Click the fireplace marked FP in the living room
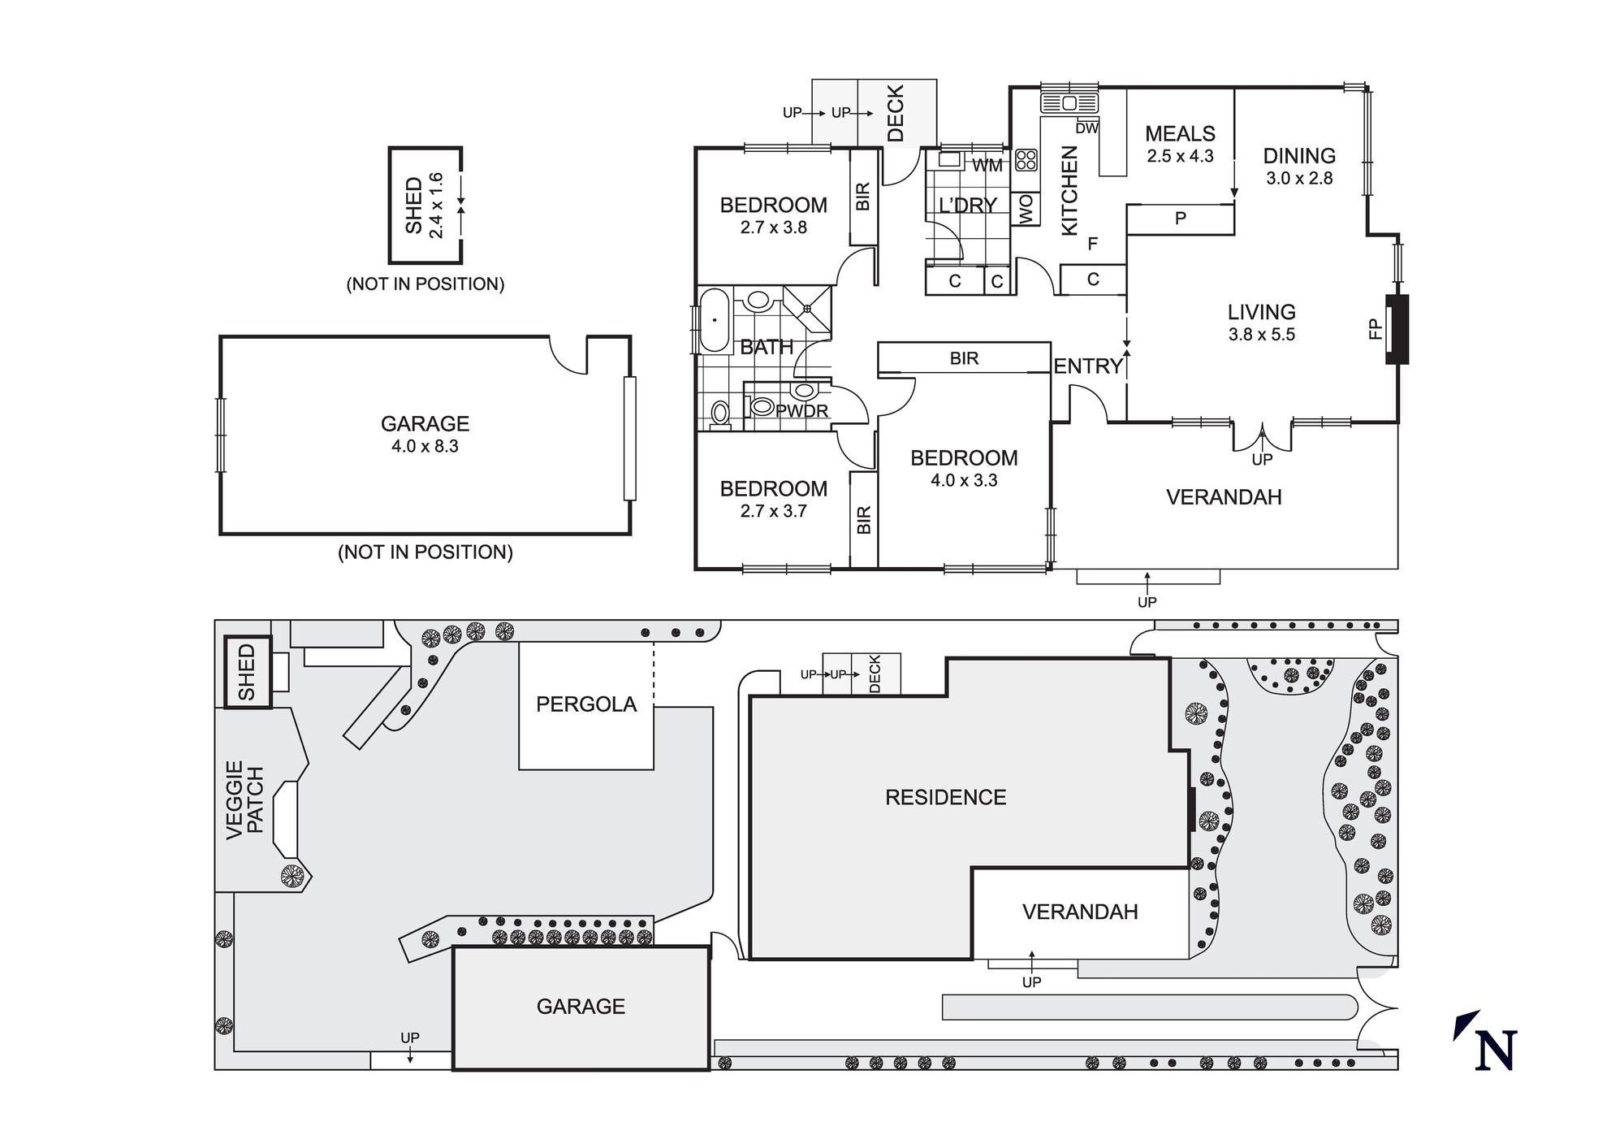coord(1397,329)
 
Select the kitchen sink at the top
coord(1069,103)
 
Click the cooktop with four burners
coord(1026,159)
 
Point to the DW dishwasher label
coord(1086,128)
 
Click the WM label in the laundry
coord(987,166)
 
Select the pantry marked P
coord(1181,219)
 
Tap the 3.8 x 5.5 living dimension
coord(1261,335)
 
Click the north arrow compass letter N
coord(1496,1050)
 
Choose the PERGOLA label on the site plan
coord(586,704)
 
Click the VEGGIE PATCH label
coord(245,800)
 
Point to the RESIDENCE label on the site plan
coord(945,797)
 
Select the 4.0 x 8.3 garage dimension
coord(425,446)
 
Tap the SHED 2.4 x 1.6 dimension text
coord(436,205)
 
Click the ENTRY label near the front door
coord(1088,366)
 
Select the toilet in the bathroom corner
coord(719,414)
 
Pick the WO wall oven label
coord(1026,209)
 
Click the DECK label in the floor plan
coord(896,114)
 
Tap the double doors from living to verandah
coord(1262,436)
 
